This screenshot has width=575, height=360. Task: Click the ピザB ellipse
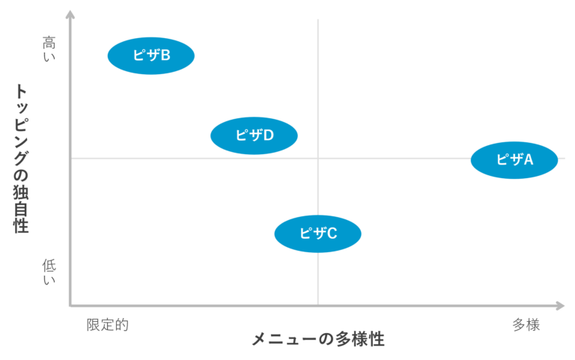tap(151, 55)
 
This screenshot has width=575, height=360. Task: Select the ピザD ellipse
tap(254, 135)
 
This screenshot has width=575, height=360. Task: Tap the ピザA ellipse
tap(514, 159)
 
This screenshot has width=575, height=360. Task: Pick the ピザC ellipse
tap(317, 234)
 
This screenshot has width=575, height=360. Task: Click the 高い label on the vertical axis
tap(49, 48)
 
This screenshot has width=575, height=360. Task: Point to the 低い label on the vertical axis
tap(49, 271)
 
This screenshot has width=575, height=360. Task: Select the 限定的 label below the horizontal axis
tap(107, 325)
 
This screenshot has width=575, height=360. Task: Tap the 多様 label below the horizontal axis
tap(526, 325)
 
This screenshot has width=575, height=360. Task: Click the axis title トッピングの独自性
tap(22, 158)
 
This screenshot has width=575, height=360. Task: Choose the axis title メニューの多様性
tap(317, 338)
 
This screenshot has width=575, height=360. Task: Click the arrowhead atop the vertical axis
tap(70, 14)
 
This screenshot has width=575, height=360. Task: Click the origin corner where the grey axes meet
tap(70, 305)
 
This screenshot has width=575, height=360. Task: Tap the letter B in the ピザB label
tap(165, 55)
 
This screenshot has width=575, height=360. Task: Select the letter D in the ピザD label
tap(268, 135)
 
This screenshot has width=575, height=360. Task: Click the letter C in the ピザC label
tap(332, 234)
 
